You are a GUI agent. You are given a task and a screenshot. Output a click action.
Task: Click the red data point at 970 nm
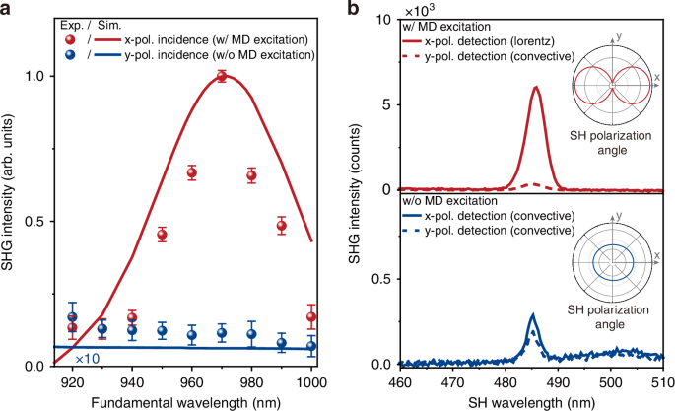[x=222, y=77]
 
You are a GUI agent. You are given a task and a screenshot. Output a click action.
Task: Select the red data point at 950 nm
[x=162, y=235]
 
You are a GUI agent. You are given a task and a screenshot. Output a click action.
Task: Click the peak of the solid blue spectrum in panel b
[x=532, y=316]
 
